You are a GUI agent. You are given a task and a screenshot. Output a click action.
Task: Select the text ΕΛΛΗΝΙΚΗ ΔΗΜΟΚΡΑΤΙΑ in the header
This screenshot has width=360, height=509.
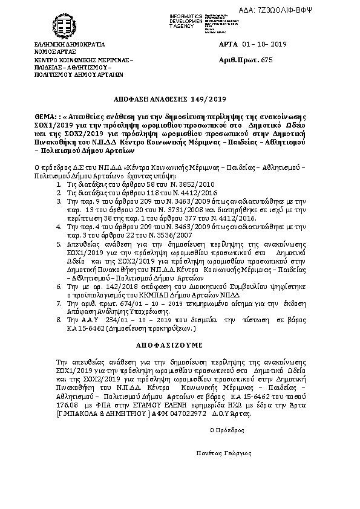click(x=70, y=45)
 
